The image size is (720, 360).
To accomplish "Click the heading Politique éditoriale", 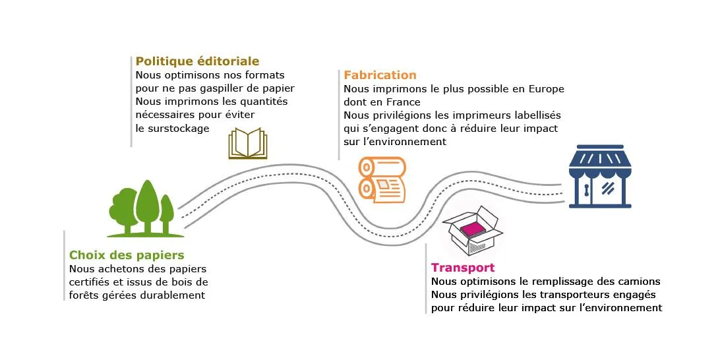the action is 197,61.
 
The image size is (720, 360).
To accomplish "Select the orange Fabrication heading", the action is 380,75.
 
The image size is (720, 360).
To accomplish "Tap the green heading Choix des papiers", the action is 127,255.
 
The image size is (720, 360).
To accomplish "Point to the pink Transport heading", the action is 463,268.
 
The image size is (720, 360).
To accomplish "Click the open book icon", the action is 248,143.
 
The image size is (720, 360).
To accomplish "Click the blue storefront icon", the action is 600,176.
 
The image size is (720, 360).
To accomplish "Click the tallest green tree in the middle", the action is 147,206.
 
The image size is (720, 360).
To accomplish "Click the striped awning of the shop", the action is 600,159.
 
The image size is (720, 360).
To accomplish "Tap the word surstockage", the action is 179,129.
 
